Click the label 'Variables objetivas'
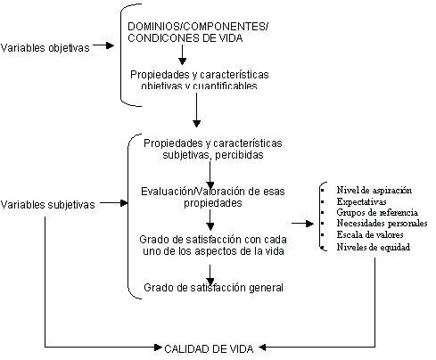pos(45,48)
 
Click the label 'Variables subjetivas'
pos(48,204)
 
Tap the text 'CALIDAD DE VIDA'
pos(209,348)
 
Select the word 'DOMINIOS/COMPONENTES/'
pos(198,27)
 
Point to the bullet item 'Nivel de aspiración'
pos(374,190)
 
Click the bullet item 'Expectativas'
pos(361,201)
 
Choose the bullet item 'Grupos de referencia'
pos(377,212)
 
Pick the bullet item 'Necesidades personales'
pos(382,223)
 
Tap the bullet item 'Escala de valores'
pos(370,234)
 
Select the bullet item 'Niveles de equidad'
pos(374,247)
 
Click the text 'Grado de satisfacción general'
pos(213,288)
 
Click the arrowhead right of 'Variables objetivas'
pos(111,45)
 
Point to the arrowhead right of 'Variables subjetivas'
pos(124,203)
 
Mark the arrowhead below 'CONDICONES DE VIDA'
pos(182,61)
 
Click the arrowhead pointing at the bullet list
pos(309,224)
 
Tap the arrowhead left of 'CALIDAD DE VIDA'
pos(158,348)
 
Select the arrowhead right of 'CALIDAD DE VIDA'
pos(263,348)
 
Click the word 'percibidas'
pos(239,155)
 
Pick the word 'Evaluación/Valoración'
pos(193,192)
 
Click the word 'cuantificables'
pos(225,86)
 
